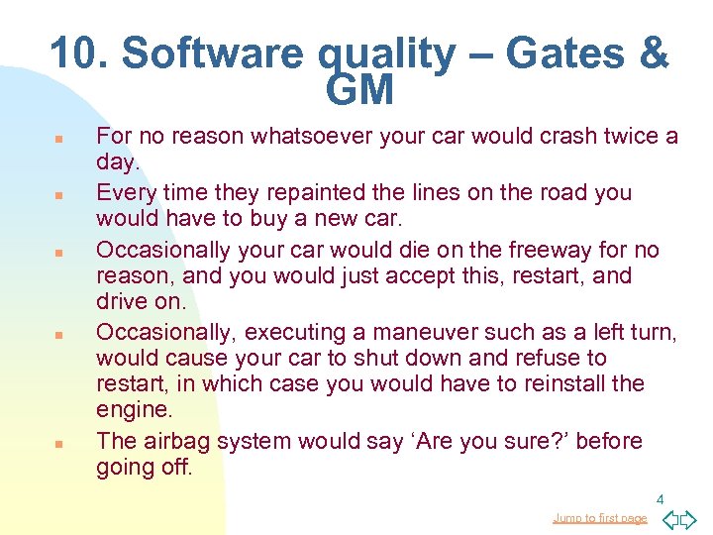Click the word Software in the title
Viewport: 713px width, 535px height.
click(x=210, y=53)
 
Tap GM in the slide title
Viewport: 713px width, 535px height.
click(x=358, y=91)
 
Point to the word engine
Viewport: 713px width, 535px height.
click(x=133, y=409)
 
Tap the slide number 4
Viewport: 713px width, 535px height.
click(x=660, y=500)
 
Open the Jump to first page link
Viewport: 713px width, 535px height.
click(x=600, y=518)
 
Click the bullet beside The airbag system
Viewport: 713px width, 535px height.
click(x=58, y=443)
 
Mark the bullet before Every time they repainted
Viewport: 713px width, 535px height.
click(x=58, y=194)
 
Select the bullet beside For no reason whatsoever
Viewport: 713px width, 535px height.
click(x=58, y=139)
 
